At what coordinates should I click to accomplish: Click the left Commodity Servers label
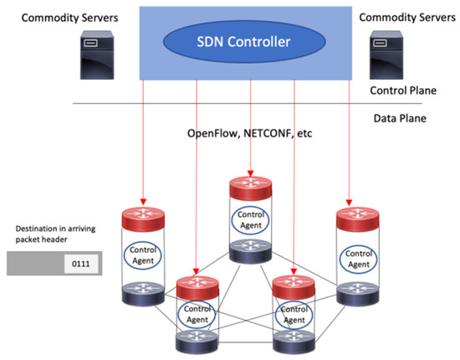click(61, 16)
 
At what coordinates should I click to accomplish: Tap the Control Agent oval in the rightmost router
click(358, 255)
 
